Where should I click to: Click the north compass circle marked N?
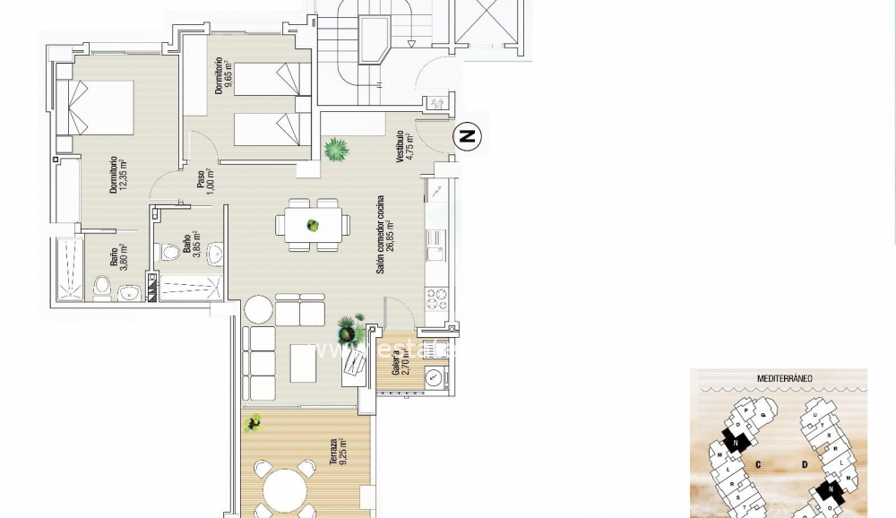pos(466,137)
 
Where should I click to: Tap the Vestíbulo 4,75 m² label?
pos(406,148)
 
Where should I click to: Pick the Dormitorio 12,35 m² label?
pos(118,176)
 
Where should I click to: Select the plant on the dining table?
pos(313,226)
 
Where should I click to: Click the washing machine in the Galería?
pos(435,377)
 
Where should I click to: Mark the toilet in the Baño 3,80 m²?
pos(102,287)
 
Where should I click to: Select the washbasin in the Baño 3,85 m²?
pos(214,255)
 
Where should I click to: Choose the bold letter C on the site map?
pos(758,463)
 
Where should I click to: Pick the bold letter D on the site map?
pos(806,463)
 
